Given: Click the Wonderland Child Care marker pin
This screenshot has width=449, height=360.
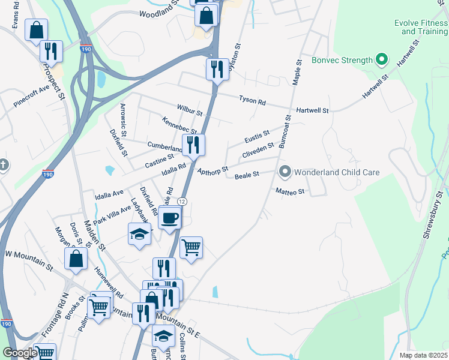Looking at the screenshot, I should [285, 172].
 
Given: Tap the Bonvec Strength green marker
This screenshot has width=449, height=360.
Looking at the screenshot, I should [380, 59].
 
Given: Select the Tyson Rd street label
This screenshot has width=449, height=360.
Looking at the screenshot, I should [252, 101].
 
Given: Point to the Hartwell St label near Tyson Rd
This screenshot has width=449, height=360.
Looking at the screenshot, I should [313, 111].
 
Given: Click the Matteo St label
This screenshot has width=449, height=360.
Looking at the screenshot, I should [291, 191].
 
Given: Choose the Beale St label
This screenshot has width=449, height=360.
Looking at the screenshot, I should [246, 175].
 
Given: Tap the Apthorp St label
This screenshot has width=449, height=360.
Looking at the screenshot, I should [213, 171].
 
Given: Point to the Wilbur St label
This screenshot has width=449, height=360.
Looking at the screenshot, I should [191, 111].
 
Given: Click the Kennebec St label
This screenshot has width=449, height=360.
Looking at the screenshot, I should [179, 126].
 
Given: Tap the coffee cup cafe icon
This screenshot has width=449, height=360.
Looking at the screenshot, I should [169, 218].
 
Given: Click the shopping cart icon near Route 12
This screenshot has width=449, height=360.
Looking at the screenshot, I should [191, 247].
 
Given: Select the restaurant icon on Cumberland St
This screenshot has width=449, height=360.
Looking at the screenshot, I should [193, 145].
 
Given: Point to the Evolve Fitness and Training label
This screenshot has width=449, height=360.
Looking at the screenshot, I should [421, 27].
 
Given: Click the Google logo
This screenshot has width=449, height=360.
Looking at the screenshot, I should [19, 352].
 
